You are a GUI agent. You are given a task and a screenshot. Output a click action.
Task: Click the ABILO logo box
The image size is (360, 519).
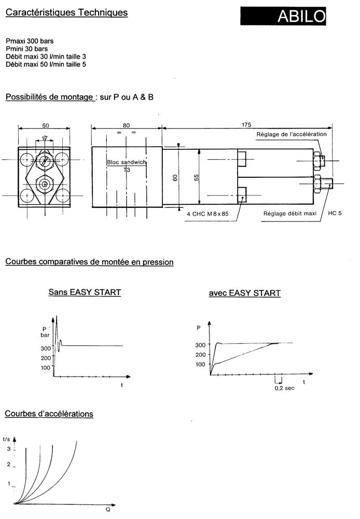[x=283, y=16]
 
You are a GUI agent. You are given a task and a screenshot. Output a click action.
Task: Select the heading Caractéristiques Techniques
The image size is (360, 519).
[x=66, y=12]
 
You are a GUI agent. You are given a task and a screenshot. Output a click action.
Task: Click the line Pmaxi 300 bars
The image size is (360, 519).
[x=30, y=41]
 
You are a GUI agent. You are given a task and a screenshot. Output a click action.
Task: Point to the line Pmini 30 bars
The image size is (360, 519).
[x=26, y=49]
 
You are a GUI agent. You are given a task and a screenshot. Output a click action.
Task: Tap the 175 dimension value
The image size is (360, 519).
[x=246, y=125]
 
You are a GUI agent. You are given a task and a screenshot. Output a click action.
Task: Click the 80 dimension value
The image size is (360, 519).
[x=126, y=125]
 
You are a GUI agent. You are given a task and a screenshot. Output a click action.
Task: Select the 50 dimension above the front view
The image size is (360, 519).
[x=45, y=125]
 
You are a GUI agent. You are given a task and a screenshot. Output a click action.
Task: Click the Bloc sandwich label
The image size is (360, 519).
[x=127, y=162]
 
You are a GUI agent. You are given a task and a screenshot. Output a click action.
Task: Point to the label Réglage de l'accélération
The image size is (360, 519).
[x=292, y=134]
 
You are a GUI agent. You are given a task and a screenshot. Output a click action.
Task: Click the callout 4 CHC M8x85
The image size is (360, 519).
[x=207, y=214]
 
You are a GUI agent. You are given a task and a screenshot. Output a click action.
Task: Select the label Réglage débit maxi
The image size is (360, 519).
[x=290, y=214]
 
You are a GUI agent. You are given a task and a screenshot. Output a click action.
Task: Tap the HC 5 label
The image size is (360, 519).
[x=335, y=213]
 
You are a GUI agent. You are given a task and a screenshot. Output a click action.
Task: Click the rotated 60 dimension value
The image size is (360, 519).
[x=175, y=178]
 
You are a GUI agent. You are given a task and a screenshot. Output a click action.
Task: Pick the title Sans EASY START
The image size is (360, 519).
[x=85, y=292]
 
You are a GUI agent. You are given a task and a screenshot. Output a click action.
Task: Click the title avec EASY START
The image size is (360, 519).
[x=245, y=293]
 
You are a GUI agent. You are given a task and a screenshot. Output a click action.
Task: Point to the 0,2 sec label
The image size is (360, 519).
[x=284, y=388]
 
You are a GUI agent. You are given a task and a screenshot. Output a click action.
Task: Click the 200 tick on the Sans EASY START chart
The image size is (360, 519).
[x=46, y=358]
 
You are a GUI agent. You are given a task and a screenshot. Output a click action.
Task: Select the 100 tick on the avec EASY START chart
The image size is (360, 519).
[x=200, y=364]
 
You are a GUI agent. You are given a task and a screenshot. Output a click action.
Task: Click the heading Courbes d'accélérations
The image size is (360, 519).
[x=49, y=414]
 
